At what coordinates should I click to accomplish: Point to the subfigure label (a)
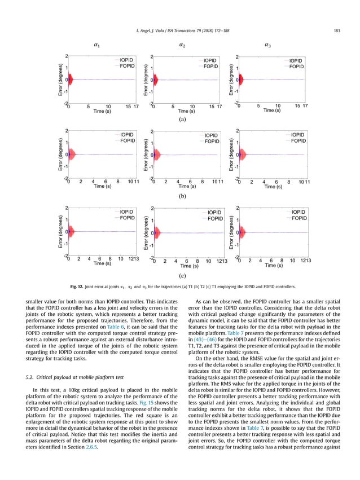182,120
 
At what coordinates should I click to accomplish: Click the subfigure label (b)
182,198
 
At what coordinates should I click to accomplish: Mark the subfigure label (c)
182,276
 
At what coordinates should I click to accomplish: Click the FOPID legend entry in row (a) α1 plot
127,66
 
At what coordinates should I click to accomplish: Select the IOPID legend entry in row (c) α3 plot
297,211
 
